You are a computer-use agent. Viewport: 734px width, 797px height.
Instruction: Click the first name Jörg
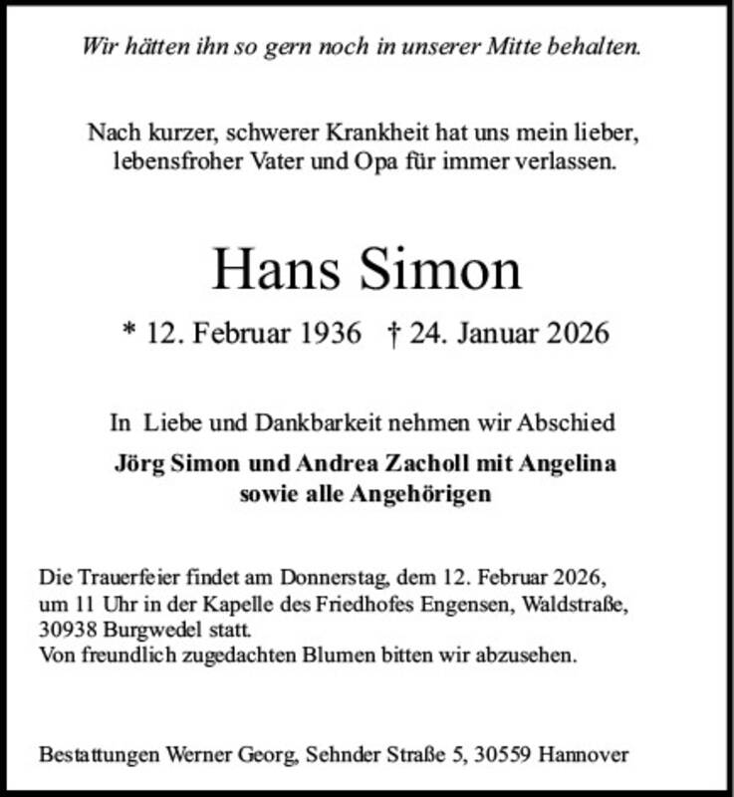click(x=138, y=464)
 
